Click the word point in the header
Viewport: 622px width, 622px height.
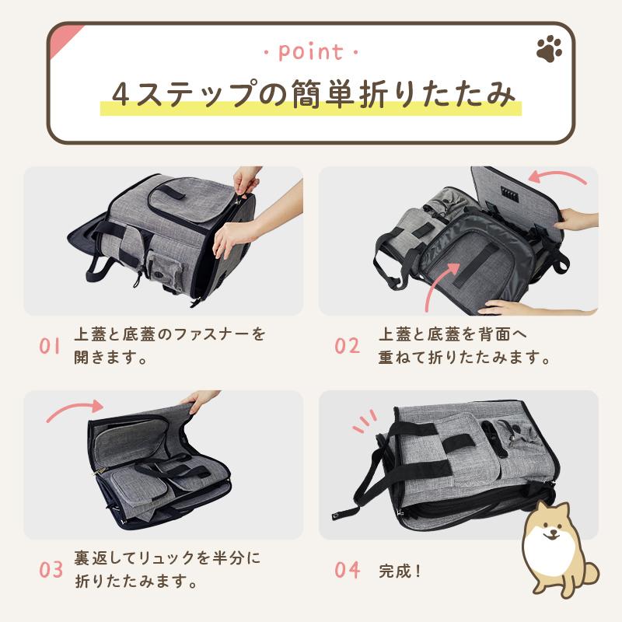click(310, 52)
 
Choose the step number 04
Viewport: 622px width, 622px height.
click(348, 569)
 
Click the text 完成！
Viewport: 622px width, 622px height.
click(400, 571)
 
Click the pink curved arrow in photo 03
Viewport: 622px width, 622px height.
click(74, 410)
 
